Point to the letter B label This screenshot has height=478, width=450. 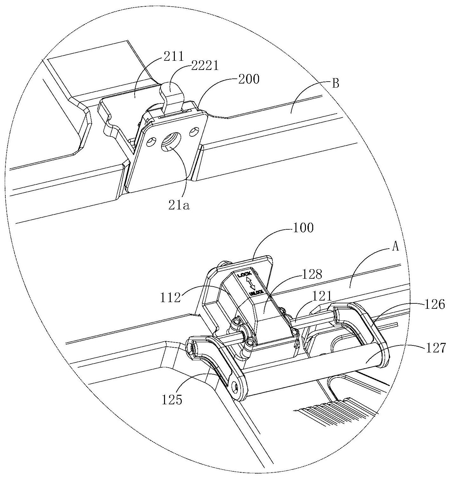coord(336,84)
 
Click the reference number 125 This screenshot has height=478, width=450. coord(172,400)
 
